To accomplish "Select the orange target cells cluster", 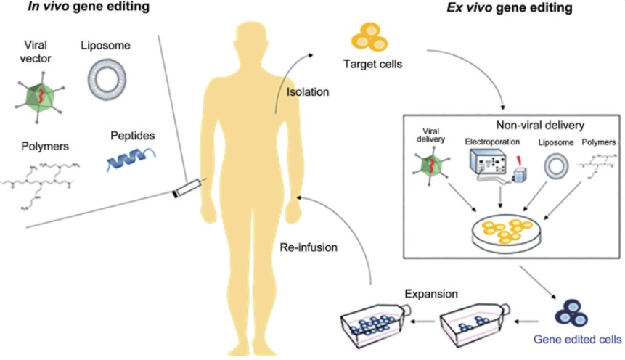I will pos(369,38).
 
